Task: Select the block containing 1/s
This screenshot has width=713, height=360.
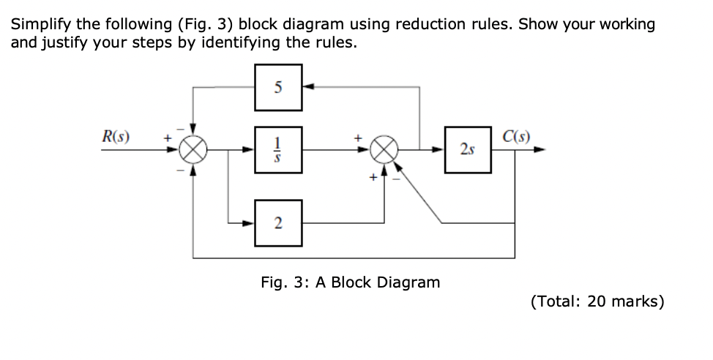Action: coord(279,151)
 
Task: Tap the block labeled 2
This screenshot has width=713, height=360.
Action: coord(279,222)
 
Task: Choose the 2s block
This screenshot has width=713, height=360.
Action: coord(467,151)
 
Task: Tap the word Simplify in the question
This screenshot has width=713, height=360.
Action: coord(37,24)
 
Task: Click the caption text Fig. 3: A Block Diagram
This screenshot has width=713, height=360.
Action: coord(351,282)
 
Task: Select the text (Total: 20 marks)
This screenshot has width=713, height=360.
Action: coord(597,301)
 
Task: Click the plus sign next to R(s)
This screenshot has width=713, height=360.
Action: coord(166,136)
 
